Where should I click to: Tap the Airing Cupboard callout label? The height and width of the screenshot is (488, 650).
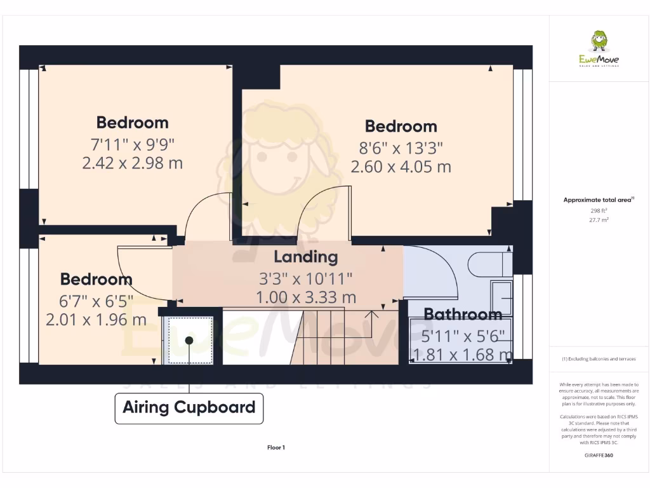[189, 407]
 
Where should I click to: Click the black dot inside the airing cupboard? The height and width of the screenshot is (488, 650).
[189, 341]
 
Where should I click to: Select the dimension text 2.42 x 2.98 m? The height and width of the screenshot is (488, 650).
[132, 163]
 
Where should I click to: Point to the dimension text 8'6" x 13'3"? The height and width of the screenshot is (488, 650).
[401, 148]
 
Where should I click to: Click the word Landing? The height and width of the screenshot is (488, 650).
[305, 257]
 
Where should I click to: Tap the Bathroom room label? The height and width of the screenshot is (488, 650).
[463, 314]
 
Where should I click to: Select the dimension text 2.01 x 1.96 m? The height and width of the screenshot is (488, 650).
[96, 320]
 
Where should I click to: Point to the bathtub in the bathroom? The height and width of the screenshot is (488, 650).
[461, 340]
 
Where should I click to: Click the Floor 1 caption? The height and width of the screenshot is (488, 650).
[276, 447]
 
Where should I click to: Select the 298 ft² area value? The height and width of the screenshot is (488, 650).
[599, 210]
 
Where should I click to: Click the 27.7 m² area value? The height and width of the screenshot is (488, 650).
[599, 219]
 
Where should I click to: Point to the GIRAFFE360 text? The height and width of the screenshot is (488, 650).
[599, 455]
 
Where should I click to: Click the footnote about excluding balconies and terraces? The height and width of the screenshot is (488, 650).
[599, 359]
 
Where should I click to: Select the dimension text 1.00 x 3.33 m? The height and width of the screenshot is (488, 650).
[305, 297]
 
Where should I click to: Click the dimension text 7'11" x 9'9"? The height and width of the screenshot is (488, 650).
[132, 144]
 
